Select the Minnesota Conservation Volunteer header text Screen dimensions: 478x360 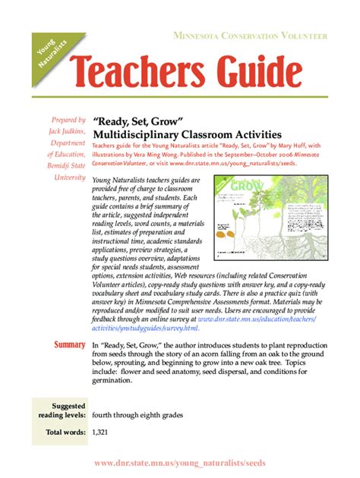[250, 36]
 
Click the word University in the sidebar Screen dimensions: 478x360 [69, 177]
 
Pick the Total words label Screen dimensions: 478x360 [65, 432]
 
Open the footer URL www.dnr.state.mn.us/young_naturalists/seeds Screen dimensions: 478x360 [179, 463]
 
